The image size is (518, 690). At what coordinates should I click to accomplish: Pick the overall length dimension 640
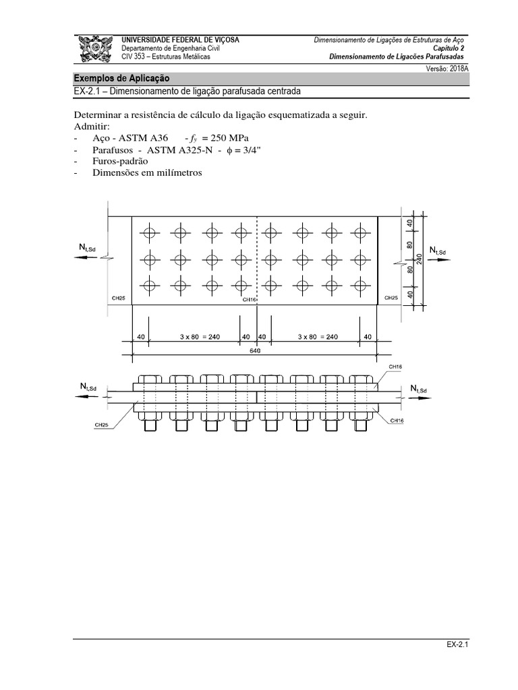pyautogui.click(x=255, y=351)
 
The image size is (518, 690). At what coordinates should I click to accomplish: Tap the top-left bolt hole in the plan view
pyautogui.click(x=149, y=233)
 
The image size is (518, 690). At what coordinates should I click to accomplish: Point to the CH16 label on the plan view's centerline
pyautogui.click(x=250, y=299)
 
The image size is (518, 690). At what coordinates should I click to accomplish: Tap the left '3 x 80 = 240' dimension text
pyautogui.click(x=194, y=337)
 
